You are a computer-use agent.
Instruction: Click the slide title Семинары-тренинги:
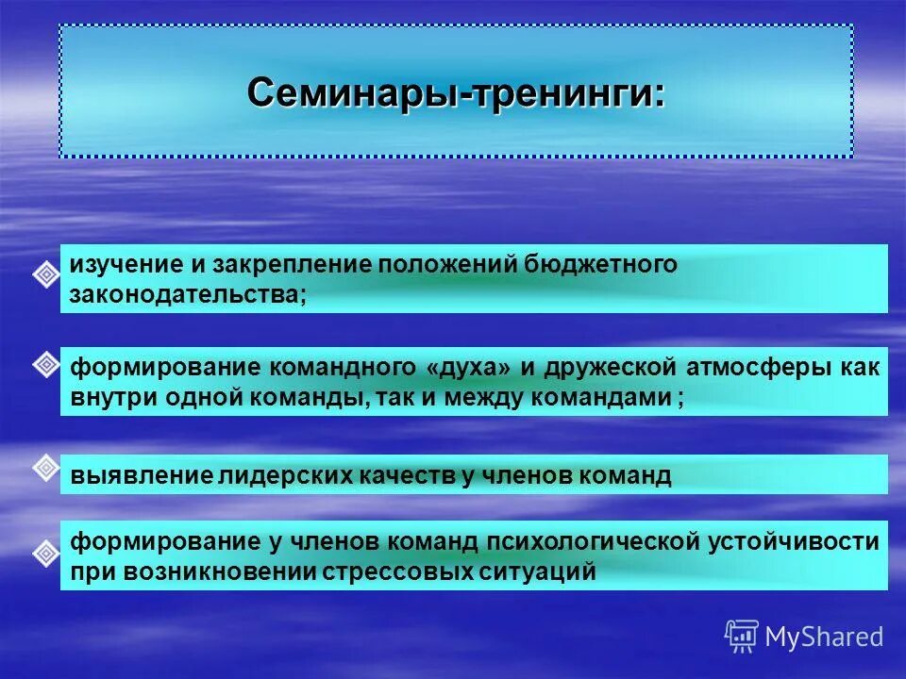tap(456, 94)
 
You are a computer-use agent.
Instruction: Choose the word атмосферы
tap(750, 368)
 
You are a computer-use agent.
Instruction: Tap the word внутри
tap(108, 397)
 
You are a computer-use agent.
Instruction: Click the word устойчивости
tap(795, 541)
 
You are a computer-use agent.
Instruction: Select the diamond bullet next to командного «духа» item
tap(46, 365)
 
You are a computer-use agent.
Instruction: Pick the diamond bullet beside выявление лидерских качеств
tap(46, 466)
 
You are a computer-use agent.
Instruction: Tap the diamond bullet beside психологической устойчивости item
tap(46, 553)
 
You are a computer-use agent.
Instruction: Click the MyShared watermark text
tap(823, 638)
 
